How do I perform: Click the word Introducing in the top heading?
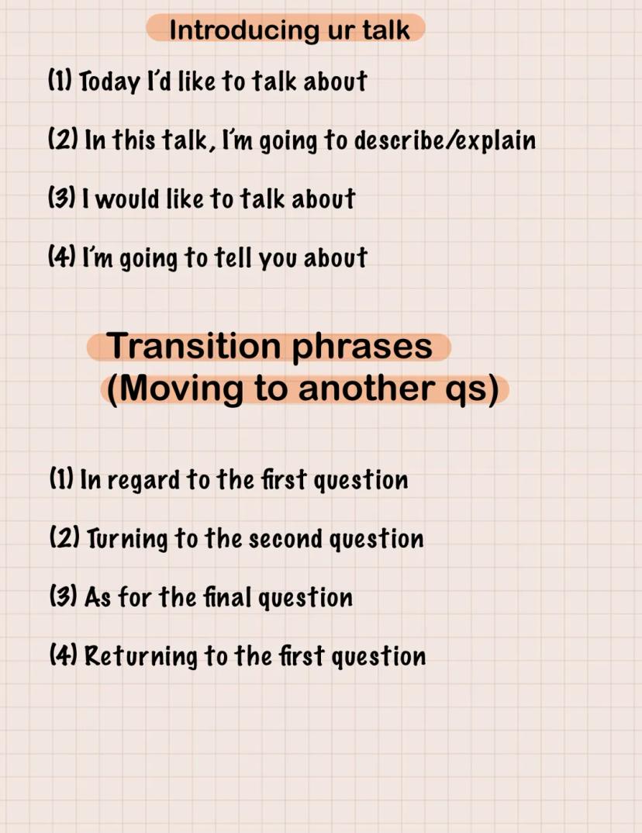[x=245, y=30]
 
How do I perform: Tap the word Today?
[x=109, y=81]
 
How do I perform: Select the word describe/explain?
[x=444, y=141]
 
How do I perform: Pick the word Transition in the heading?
[x=193, y=346]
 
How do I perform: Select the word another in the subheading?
[x=367, y=389]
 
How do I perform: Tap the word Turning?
[x=127, y=540]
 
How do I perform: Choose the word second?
[x=285, y=540]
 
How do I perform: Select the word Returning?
[x=141, y=657]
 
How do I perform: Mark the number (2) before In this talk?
[x=64, y=139]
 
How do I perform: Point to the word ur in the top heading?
[x=340, y=32]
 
